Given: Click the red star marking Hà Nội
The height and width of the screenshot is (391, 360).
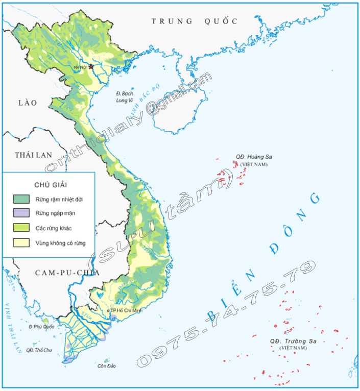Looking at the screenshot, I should (x=91, y=66).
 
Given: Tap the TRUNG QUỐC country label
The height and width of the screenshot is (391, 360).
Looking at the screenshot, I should (x=195, y=21).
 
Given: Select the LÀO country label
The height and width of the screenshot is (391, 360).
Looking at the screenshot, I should (x=28, y=103).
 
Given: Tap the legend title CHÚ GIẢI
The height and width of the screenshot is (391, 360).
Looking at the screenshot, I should (x=49, y=184).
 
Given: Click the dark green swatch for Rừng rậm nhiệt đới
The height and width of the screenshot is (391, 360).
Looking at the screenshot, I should (x=21, y=199).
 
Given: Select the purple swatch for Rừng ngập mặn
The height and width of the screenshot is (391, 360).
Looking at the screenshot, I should (x=21, y=213).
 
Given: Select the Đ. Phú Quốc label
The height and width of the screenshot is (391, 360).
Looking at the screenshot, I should (x=41, y=326).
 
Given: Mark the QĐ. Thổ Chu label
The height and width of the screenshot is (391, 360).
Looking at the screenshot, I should (x=39, y=350).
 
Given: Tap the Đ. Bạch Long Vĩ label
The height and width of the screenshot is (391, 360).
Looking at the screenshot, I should (x=125, y=96).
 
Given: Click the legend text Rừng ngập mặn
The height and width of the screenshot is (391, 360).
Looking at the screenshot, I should (x=53, y=213).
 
